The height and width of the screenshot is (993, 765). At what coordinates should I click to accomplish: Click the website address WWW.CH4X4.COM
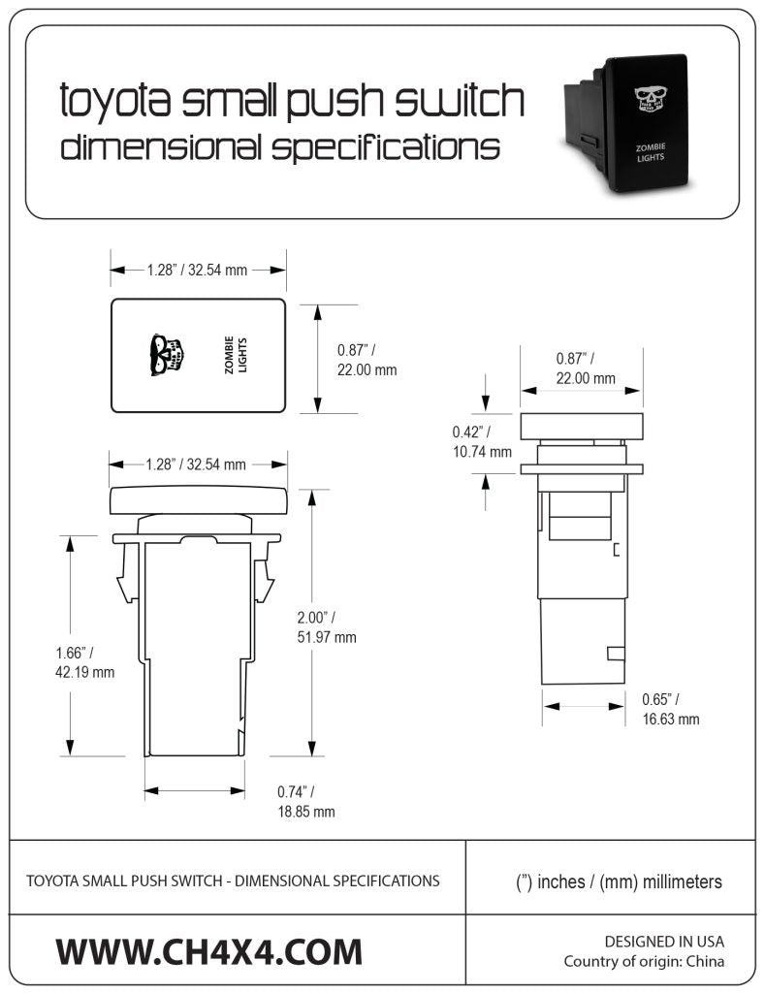tap(208, 950)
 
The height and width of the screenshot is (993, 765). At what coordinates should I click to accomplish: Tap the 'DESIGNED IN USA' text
tap(664, 941)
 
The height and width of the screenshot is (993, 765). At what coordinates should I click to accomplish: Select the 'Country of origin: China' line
tap(644, 962)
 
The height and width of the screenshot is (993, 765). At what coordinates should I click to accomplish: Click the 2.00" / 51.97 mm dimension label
tap(327, 626)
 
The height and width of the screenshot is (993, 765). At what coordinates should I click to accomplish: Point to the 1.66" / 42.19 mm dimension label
tap(85, 661)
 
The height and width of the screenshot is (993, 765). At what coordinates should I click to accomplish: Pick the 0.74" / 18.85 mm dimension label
tap(305, 801)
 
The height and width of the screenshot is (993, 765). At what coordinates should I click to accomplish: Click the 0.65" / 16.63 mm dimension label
tap(670, 709)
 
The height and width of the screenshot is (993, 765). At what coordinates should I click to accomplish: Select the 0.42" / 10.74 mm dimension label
tap(481, 441)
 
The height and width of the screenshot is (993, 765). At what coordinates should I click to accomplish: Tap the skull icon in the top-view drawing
tap(166, 356)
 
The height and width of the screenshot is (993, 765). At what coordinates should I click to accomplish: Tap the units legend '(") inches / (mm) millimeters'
tap(619, 881)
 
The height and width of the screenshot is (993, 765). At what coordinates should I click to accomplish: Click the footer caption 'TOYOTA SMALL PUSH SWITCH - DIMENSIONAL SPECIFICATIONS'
tap(233, 881)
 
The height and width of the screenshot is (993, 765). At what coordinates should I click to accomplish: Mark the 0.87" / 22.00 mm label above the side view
tap(585, 368)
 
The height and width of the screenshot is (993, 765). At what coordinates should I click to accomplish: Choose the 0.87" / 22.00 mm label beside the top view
tap(366, 360)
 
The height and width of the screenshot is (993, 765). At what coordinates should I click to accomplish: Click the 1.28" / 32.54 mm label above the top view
tap(197, 271)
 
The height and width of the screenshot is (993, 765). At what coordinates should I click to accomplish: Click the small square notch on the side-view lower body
tap(615, 652)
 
